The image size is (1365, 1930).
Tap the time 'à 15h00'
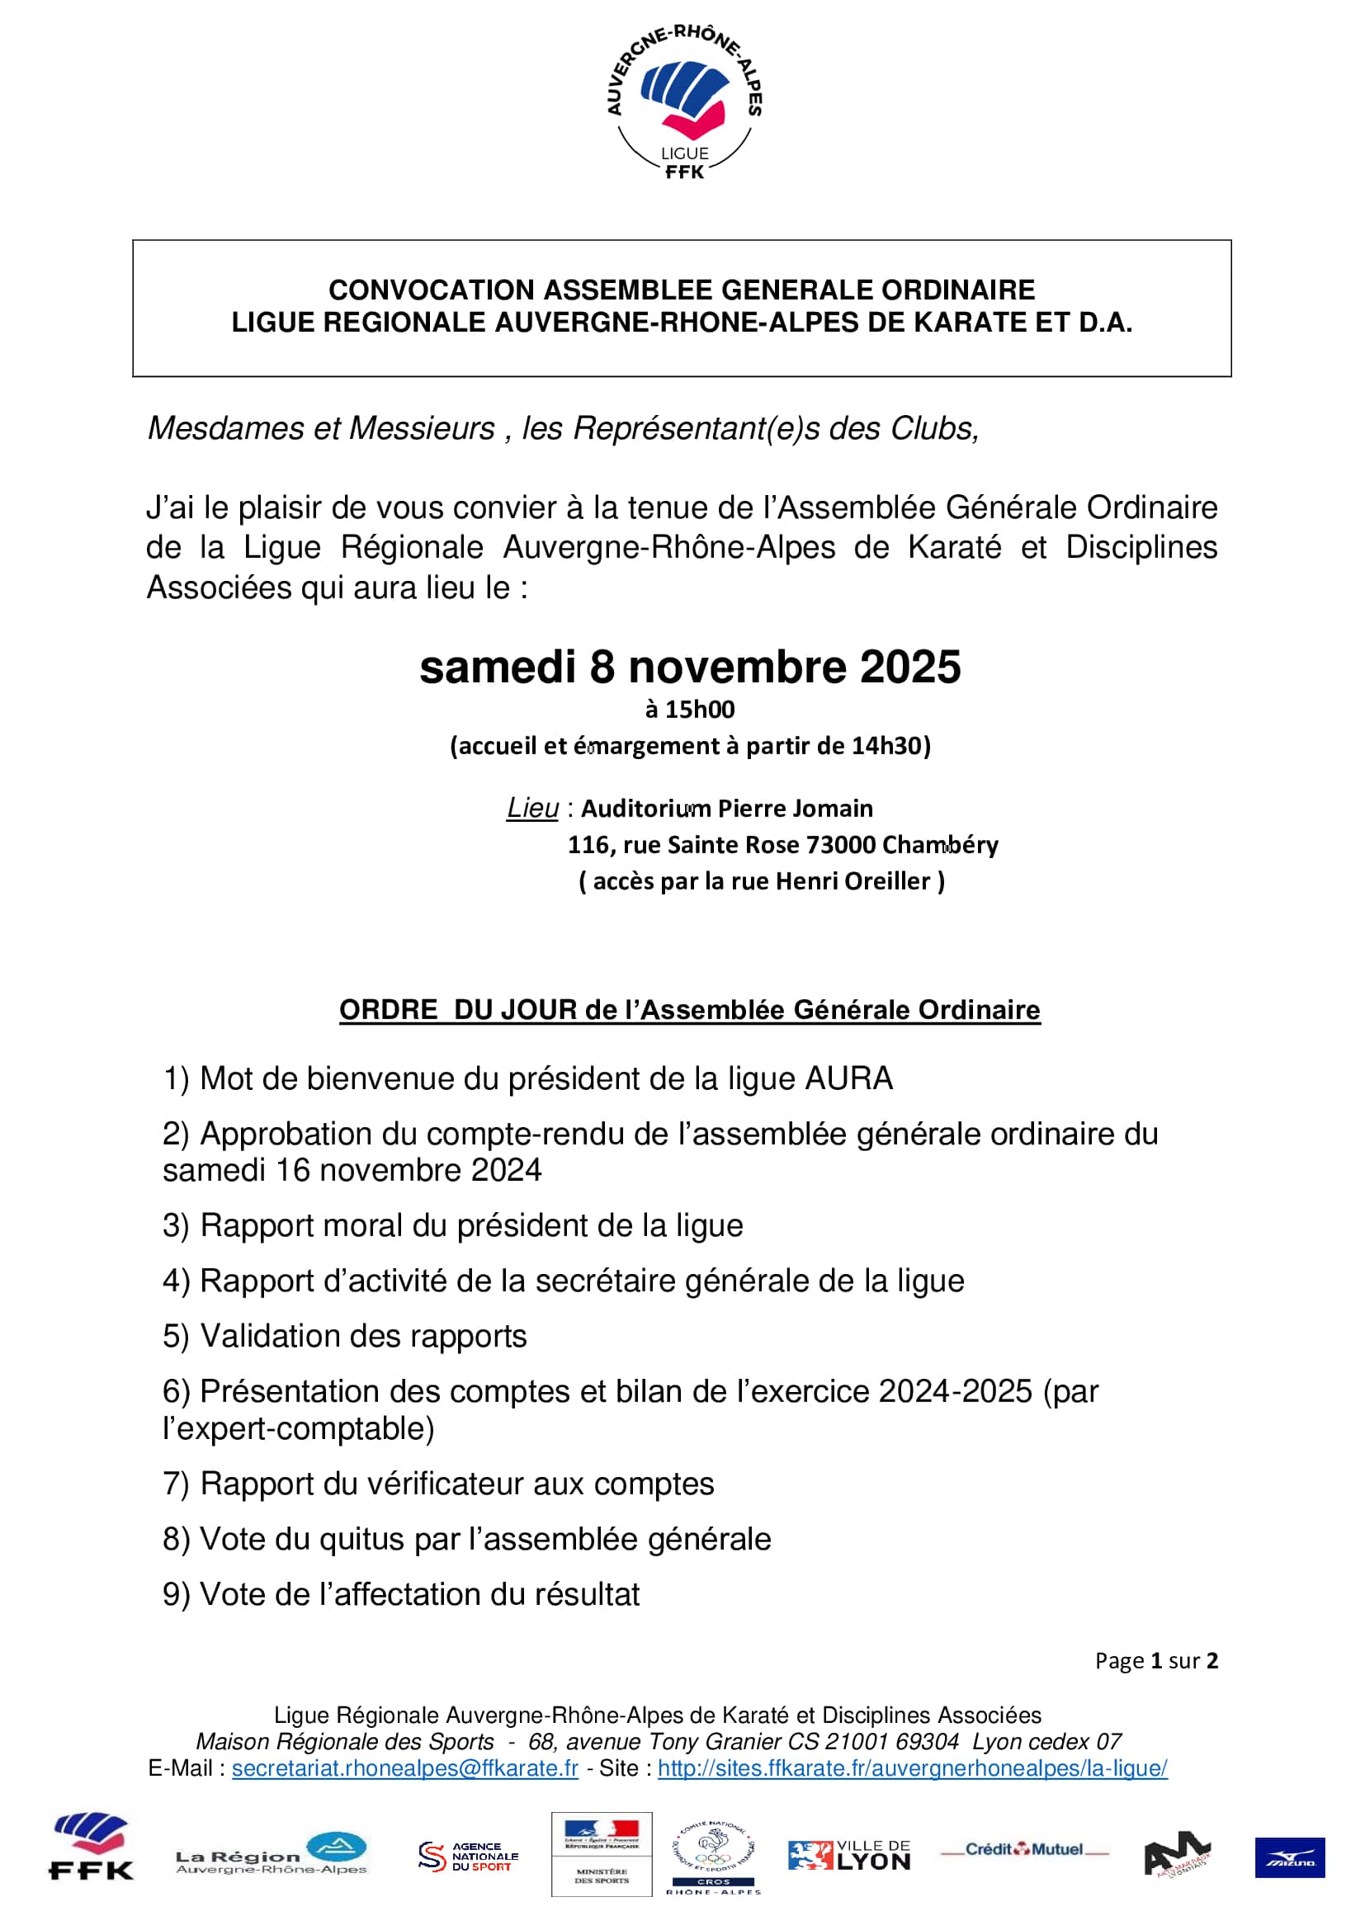(x=690, y=710)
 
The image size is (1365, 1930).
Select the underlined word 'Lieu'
(x=532, y=808)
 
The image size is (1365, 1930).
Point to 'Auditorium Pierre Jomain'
(x=727, y=809)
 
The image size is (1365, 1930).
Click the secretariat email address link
(x=404, y=1767)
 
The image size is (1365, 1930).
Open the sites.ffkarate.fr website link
(x=912, y=1767)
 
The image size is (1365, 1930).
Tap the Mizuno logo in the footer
(x=1289, y=1857)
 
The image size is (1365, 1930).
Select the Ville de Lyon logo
(x=849, y=1856)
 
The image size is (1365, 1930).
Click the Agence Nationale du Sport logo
(x=468, y=1856)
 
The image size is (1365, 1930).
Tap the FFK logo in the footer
(x=91, y=1847)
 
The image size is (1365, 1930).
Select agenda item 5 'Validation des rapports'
(x=345, y=1336)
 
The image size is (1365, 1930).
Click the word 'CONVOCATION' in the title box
(x=431, y=290)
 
